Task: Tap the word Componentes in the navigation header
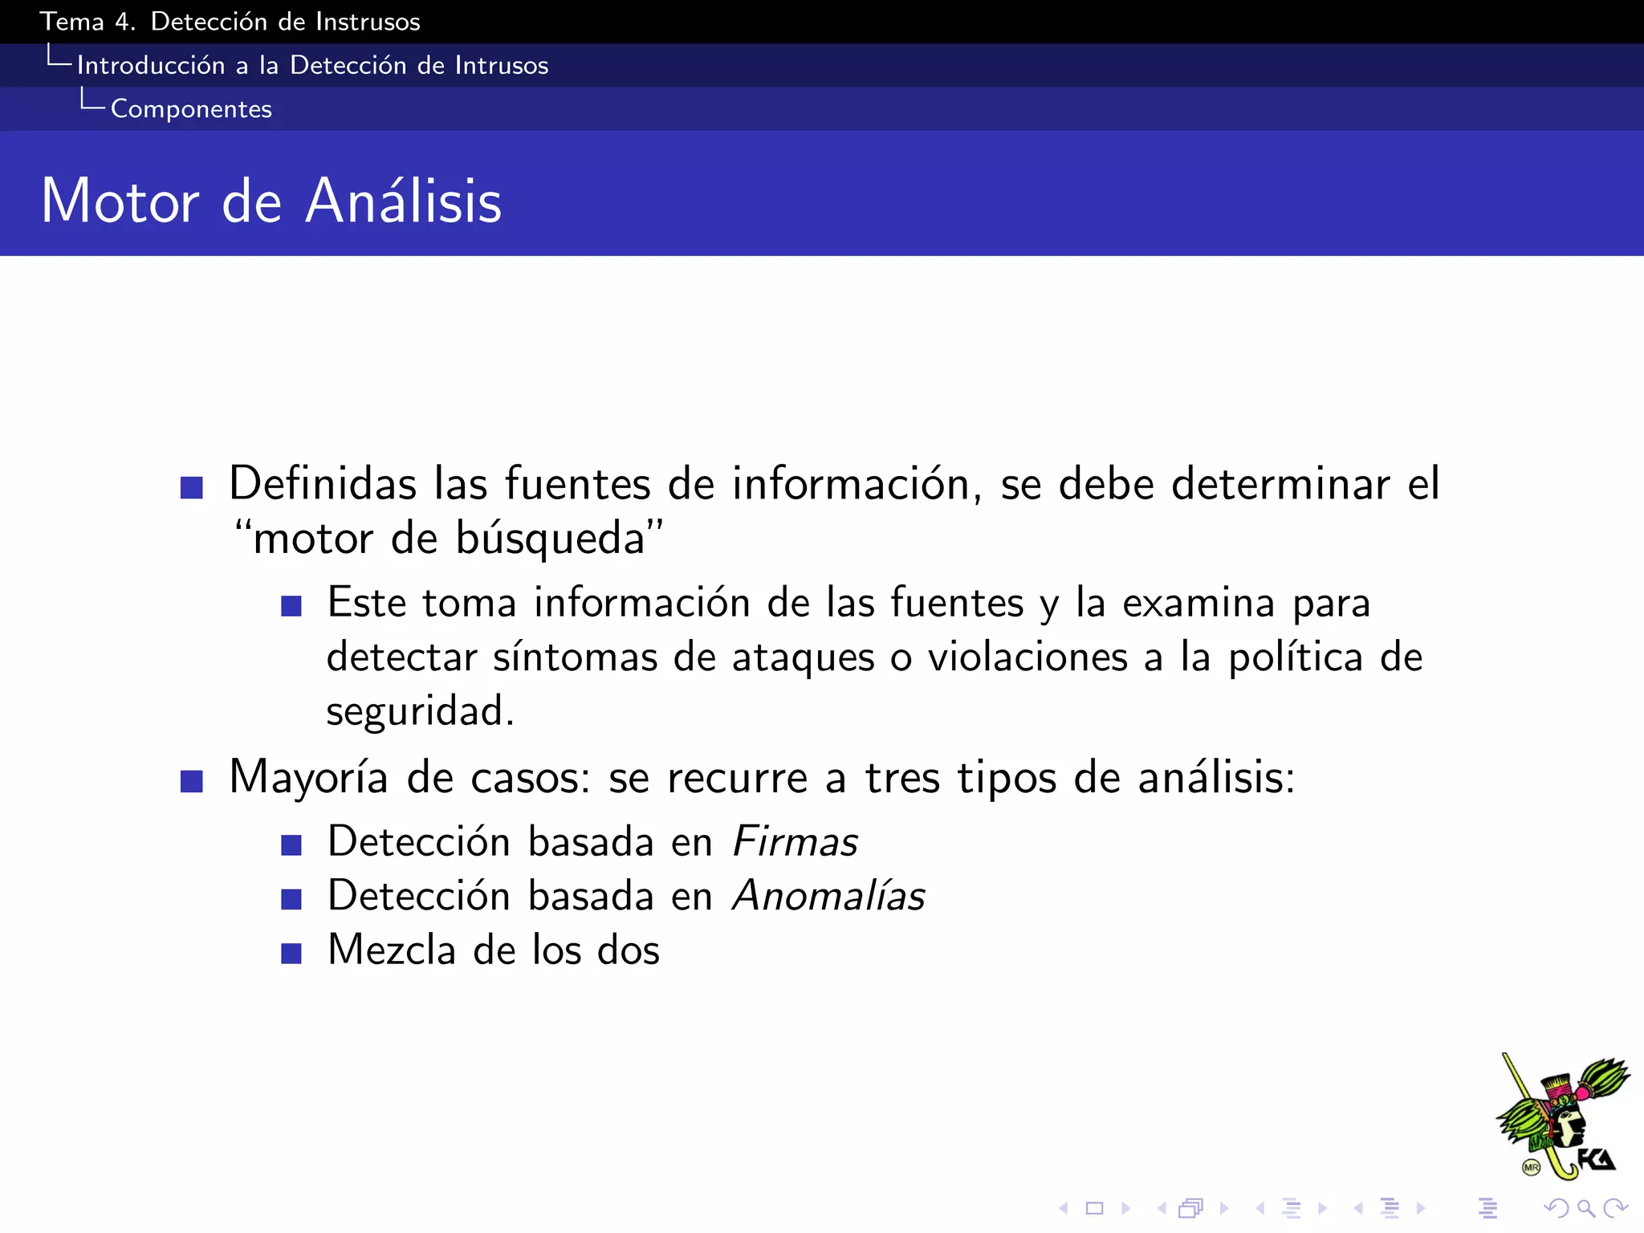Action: click(191, 109)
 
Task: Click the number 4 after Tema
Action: click(124, 22)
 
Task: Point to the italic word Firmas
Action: click(795, 842)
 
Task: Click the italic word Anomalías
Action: click(828, 896)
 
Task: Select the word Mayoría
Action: click(309, 778)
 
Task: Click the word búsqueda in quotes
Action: click(551, 539)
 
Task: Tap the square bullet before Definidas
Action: click(192, 487)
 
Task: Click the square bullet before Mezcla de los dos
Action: click(291, 953)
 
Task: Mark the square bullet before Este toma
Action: click(291, 605)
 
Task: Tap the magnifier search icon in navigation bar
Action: click(1585, 1208)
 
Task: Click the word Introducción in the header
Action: click(151, 66)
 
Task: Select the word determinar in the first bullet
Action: click(1280, 484)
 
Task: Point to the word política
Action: click(1296, 657)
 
